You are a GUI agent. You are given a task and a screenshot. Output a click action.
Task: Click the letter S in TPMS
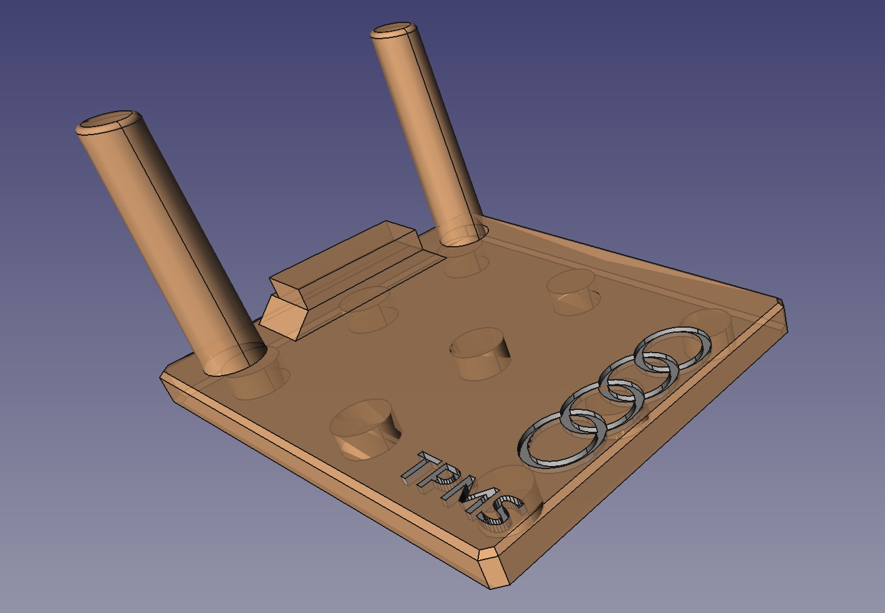(499, 511)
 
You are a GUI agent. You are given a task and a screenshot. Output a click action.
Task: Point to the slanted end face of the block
(284, 315)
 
